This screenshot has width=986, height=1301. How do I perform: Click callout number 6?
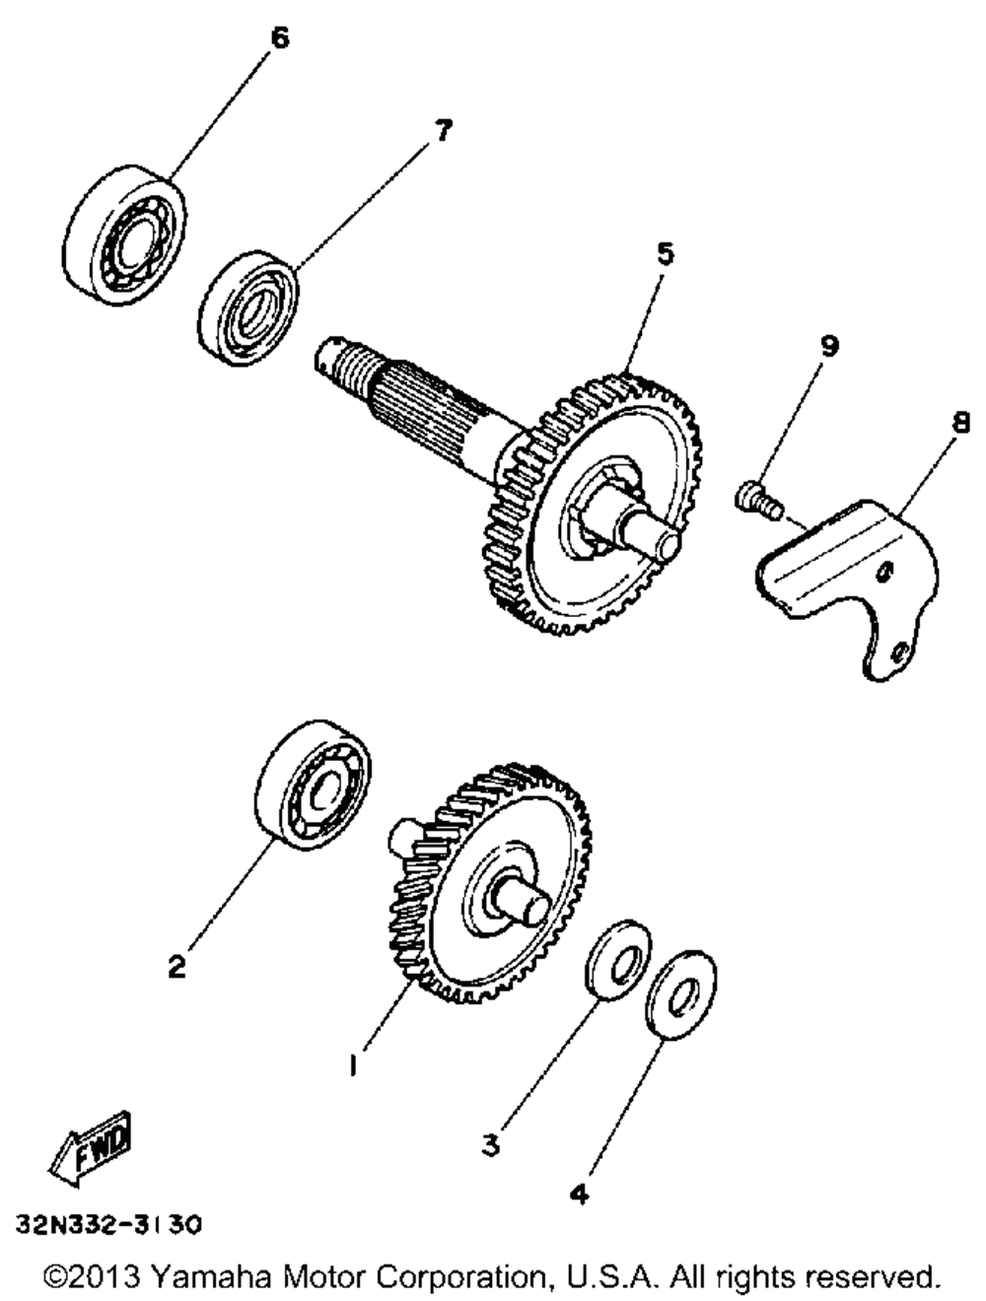point(279,39)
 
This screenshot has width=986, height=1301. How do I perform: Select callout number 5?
point(666,254)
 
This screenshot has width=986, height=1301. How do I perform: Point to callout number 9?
point(828,346)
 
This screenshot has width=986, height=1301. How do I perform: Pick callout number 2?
point(176,967)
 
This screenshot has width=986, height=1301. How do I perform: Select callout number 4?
point(580,1195)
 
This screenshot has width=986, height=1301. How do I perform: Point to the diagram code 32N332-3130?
point(108,1225)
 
